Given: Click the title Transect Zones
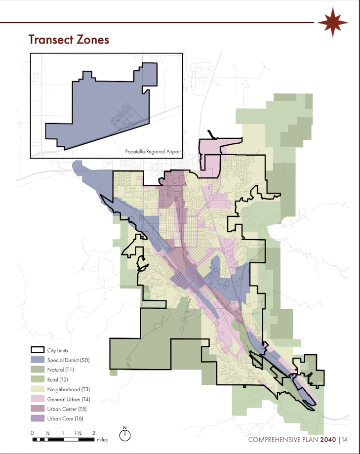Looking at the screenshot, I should (69, 40).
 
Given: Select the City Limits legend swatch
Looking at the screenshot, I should (37, 350).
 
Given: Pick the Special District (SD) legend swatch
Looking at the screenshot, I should (37, 360).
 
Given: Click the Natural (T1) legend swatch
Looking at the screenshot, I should (37, 370).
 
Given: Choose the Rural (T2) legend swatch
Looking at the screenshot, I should (37, 379).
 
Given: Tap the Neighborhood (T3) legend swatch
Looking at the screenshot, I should (37, 389).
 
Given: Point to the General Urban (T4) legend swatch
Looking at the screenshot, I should (37, 399).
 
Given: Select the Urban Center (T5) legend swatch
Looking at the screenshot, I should (37, 409).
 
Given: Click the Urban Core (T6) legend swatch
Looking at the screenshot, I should (37, 418).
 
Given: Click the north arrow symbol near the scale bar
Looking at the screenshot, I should (125, 434).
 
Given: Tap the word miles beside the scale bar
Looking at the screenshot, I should (102, 439).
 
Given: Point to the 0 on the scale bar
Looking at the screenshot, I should (33, 432).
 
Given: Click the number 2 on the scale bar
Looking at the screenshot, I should (93, 432).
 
